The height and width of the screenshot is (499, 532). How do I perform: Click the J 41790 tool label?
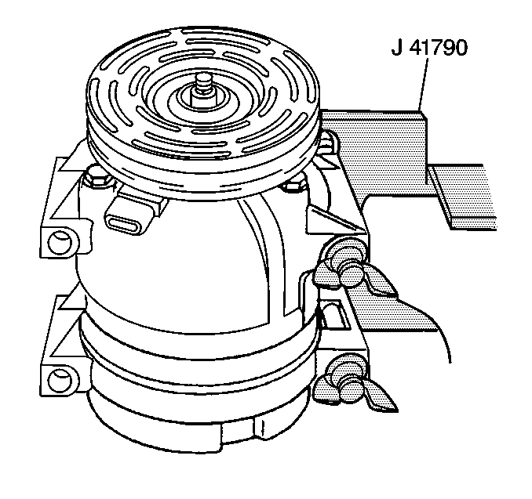[x=429, y=49]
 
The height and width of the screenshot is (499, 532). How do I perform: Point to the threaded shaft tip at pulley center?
[x=202, y=80]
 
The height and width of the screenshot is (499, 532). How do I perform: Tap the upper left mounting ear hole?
[x=56, y=240]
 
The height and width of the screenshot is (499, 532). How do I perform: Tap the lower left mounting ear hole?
[x=56, y=382]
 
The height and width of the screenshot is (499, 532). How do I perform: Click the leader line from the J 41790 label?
[x=424, y=86]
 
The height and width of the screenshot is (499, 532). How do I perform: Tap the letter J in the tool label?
[x=396, y=49]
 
